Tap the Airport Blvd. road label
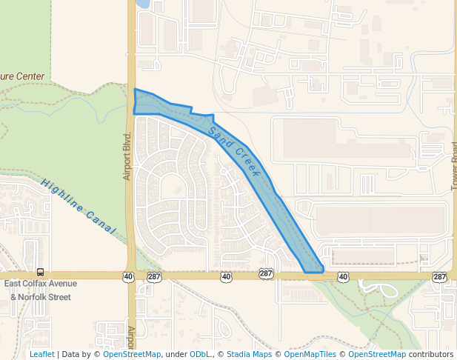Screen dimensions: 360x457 coord(127,156)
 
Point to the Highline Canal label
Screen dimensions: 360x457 coord(79,207)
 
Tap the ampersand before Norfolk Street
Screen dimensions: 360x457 coord(13,297)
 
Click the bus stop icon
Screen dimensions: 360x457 coord(40,272)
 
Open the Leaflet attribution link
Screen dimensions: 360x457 coord(41,354)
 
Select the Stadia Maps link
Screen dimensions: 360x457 coord(249,354)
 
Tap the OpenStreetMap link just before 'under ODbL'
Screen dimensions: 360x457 coord(132,354)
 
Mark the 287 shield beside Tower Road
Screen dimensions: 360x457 coord(440,276)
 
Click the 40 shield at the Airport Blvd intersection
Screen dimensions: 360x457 coord(129,276)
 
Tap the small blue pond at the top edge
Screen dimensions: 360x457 coord(143,4)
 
